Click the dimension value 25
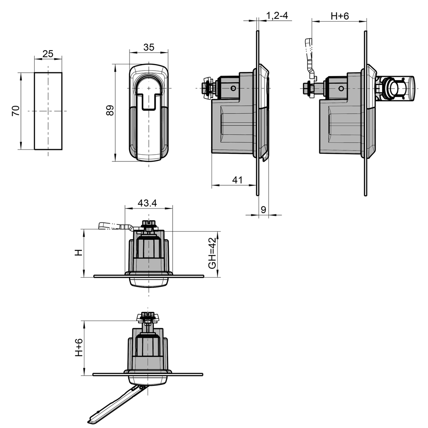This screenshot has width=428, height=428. [x=48, y=54]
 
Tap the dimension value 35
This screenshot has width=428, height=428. [x=148, y=47]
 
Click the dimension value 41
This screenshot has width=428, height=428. [x=237, y=180]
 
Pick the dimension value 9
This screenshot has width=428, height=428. [x=263, y=210]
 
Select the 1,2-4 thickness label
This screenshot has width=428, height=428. [x=277, y=15]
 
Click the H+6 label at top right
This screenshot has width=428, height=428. [x=339, y=15]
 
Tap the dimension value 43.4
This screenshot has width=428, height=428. [x=147, y=203]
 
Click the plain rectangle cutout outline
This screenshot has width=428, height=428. [x=48, y=111]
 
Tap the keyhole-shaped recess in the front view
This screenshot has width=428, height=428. [x=148, y=94]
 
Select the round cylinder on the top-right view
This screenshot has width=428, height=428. [x=395, y=89]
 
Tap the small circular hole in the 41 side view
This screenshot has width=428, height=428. [x=233, y=88]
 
